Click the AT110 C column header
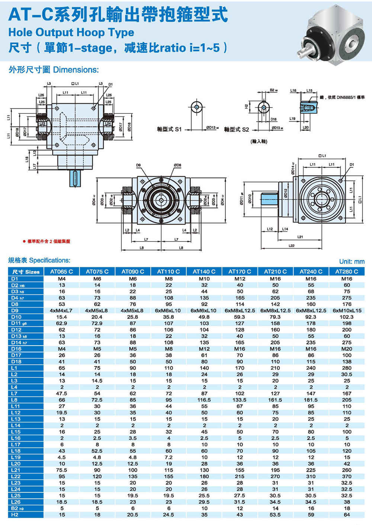pos(169,272)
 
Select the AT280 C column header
pos(347,272)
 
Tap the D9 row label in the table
pos(15,310)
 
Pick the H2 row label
pos(15,515)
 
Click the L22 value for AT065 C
pos(62,476)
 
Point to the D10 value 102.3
pos(347,317)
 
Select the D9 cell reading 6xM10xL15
pos(347,310)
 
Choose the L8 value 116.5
pos(204,400)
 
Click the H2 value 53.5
pos(275,515)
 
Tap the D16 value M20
pos(347,349)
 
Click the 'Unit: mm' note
pos(352,262)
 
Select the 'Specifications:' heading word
pos(49,260)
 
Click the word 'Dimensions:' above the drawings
pos(76,70)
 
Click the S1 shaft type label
pos(169,129)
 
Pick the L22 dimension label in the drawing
pos(292,246)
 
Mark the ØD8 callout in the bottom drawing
pos(177,165)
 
